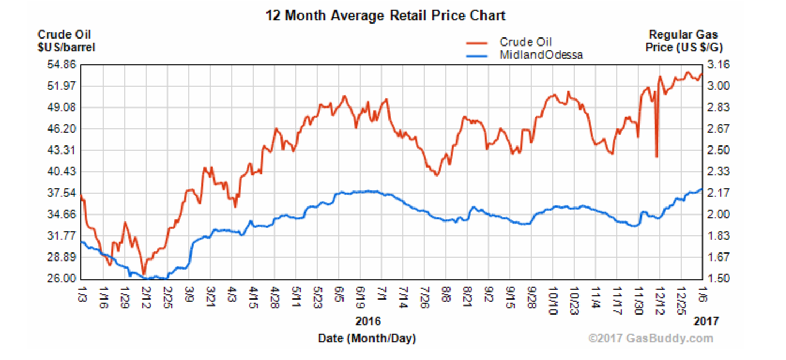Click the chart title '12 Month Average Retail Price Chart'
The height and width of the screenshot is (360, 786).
(385, 16)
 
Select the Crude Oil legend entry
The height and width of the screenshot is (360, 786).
(525, 42)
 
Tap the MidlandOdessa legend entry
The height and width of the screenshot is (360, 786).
(541, 55)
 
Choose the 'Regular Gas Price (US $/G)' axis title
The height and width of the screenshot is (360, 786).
(684, 41)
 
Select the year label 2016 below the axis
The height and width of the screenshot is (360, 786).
(368, 321)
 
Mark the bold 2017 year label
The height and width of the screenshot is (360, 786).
(707, 321)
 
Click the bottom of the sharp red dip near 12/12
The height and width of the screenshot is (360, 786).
(656, 157)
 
